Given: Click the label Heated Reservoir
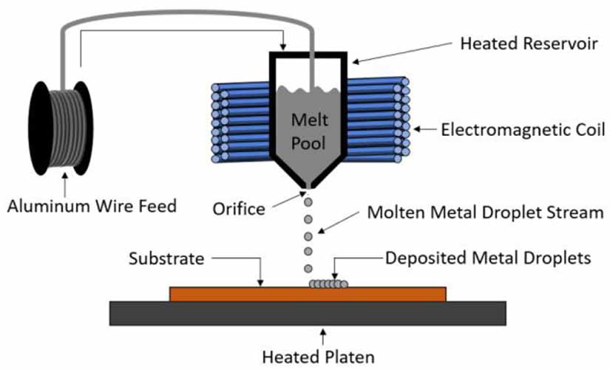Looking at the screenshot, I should click(529, 43).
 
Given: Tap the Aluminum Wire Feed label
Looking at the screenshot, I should click(92, 205).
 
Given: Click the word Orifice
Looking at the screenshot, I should click(238, 208).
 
